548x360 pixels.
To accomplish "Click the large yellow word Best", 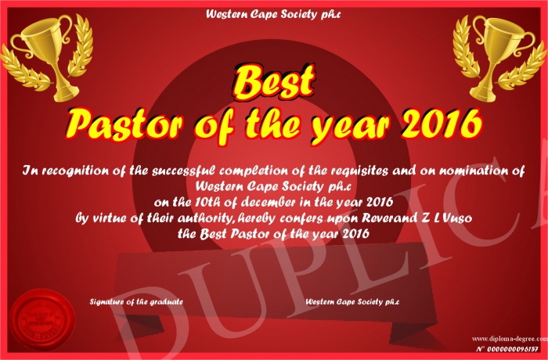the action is click(274, 82).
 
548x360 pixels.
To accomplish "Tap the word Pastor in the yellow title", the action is click(124, 125).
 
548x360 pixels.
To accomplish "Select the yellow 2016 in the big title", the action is click(442, 124).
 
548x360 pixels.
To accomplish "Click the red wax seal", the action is click(42, 320).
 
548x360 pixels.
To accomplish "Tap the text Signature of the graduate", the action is click(136, 301).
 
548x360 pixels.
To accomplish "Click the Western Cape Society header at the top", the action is click(273, 15).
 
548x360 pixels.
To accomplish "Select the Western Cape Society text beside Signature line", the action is click(352, 301).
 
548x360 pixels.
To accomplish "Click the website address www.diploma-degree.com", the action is click(510, 338).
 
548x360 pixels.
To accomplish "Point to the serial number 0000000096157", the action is click(512, 349).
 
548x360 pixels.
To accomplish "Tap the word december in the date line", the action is click(269, 202).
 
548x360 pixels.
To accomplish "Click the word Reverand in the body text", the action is click(388, 218).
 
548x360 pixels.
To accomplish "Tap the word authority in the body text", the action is click(204, 219).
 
